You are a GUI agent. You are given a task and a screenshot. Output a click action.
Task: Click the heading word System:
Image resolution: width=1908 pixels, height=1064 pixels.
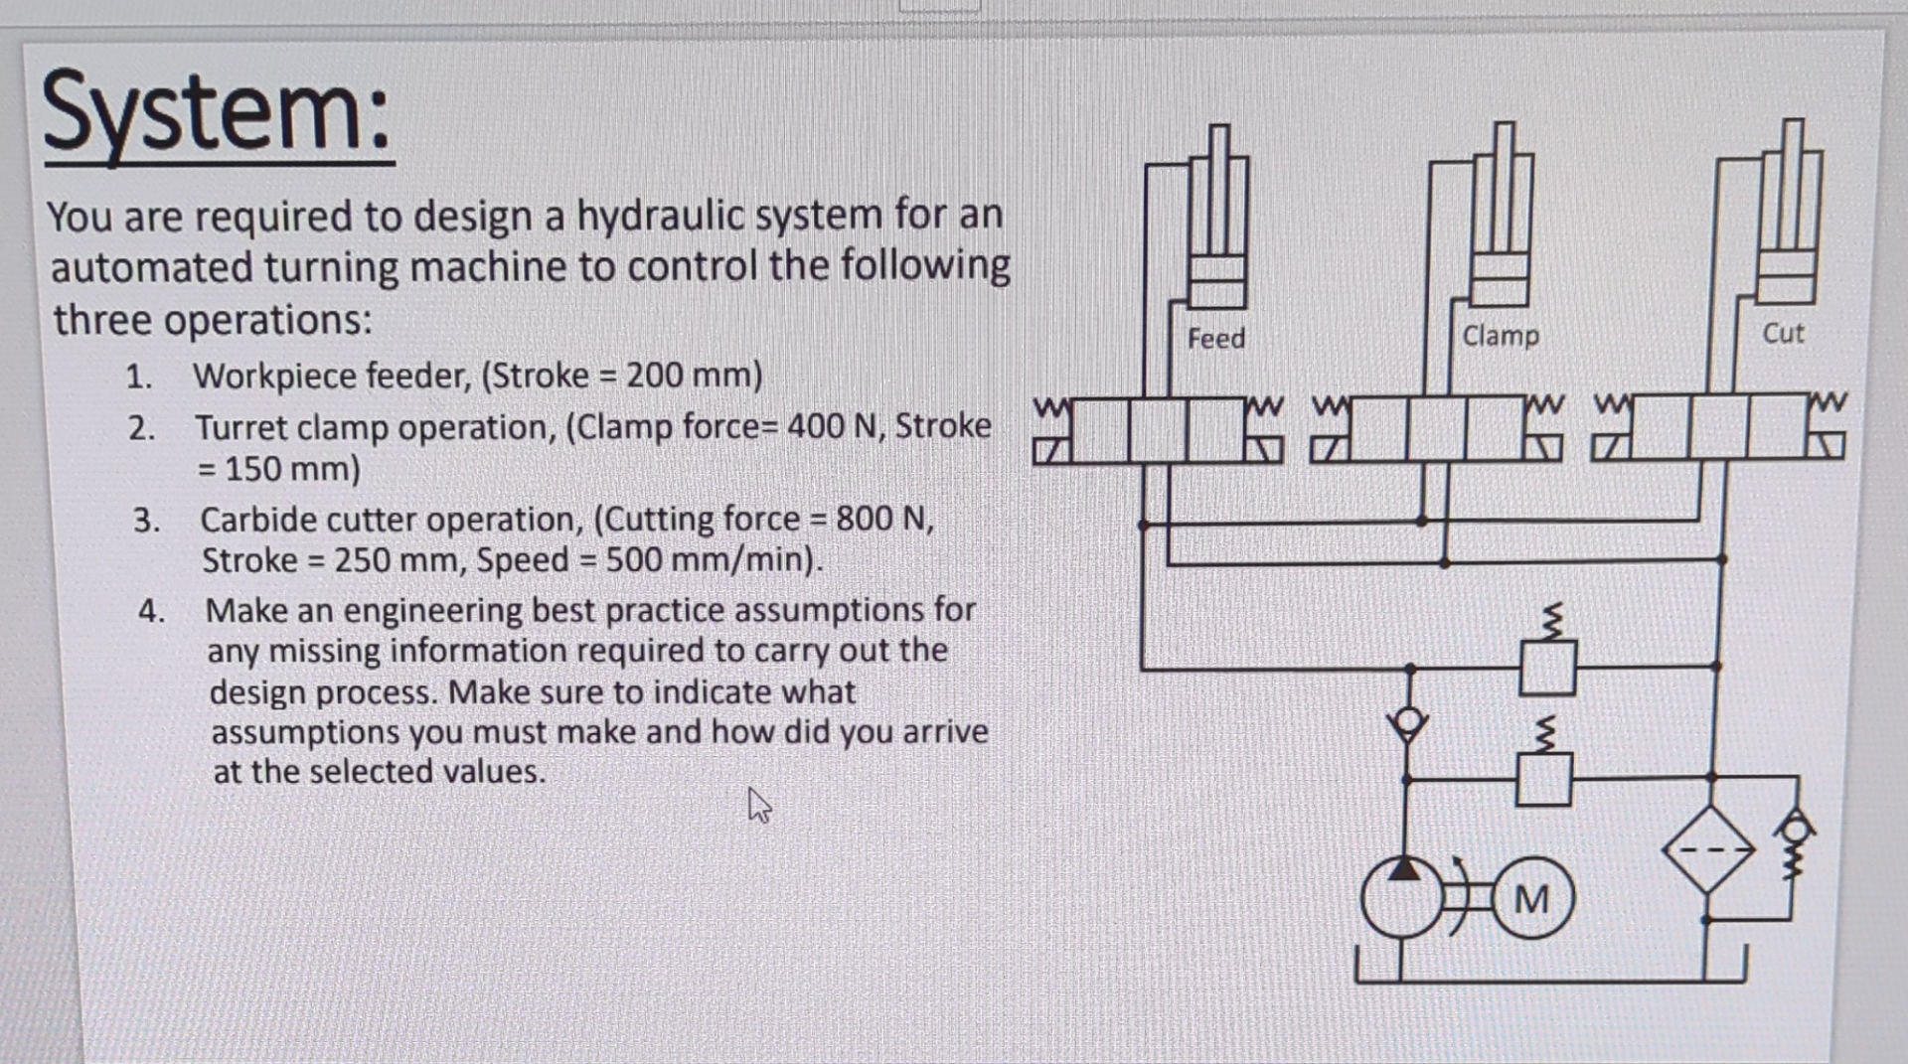(218, 111)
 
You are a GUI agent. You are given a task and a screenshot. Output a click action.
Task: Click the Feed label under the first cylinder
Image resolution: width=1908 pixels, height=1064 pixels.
(1215, 339)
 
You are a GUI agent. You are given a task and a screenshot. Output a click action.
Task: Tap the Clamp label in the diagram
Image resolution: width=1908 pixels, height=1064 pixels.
(1500, 336)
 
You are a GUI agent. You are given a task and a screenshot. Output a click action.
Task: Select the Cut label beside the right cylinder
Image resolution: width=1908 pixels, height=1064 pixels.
(1783, 333)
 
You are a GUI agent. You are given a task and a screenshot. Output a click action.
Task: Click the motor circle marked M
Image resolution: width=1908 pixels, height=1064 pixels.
(1531, 900)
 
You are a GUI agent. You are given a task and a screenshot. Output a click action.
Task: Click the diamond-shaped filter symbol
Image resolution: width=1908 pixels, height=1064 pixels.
(1708, 849)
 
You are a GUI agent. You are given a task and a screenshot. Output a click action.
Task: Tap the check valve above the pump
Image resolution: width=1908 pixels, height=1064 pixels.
(1408, 722)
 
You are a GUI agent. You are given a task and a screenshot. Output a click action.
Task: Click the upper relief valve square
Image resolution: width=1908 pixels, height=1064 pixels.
(1547, 668)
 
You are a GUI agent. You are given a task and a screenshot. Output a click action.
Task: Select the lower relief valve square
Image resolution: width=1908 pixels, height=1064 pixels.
(1543, 779)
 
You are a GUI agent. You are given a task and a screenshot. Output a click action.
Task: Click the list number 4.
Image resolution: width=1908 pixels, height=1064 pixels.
(150, 610)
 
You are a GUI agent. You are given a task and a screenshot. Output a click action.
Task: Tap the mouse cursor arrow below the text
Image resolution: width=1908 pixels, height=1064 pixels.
(758, 804)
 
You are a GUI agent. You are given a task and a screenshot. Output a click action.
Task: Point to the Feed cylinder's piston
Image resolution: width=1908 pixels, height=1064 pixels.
(1216, 280)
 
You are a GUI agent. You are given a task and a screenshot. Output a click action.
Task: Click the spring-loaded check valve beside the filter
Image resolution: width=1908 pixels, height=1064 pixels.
(1794, 844)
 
